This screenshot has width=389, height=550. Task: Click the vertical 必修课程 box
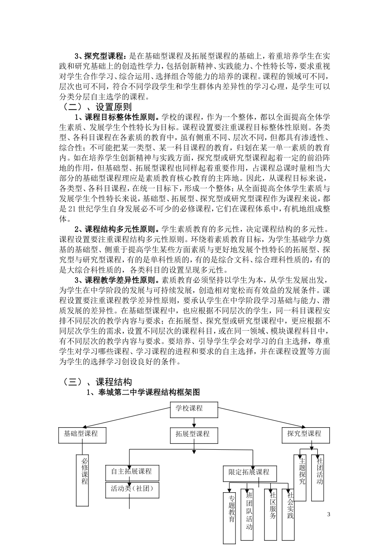(83, 479)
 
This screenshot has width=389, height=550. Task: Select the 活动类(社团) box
(132, 489)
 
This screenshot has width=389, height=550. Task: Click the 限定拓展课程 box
(250, 473)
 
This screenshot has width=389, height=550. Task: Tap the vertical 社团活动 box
(319, 477)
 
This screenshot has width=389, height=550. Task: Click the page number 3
(328, 514)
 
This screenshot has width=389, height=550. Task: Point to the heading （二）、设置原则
(97, 108)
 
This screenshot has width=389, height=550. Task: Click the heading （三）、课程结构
(97, 382)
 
